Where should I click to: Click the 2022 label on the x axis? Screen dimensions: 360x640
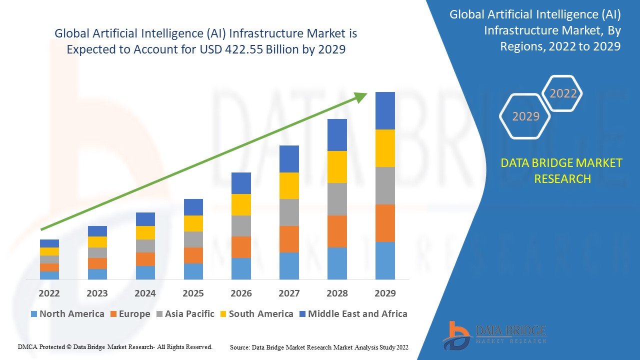click(49, 293)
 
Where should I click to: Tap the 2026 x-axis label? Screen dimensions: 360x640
click(241, 293)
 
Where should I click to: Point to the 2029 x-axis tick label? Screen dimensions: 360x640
click(385, 293)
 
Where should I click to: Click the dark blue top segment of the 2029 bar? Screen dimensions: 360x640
click(385, 110)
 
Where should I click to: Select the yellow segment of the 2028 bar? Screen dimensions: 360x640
click(337, 167)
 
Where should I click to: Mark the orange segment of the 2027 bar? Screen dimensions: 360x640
click(289, 239)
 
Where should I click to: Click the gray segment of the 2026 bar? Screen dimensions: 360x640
click(241, 226)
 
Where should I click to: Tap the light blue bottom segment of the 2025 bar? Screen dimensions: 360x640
click(193, 271)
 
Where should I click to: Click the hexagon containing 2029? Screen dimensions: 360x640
click(525, 116)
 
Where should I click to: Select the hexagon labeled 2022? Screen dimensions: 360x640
click(562, 93)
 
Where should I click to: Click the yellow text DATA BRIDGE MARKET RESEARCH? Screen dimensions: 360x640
click(562, 171)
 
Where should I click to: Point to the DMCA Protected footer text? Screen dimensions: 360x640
click(115, 346)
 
